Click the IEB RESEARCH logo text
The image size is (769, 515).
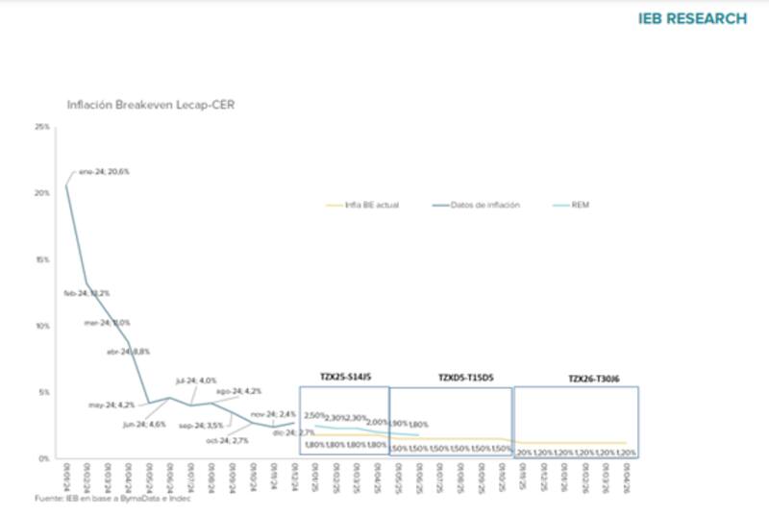[x=692, y=18]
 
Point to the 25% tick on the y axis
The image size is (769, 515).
[x=41, y=127]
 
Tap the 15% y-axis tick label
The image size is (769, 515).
[x=41, y=259]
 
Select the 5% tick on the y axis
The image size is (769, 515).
[x=43, y=392]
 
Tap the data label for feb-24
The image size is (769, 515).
[x=87, y=293]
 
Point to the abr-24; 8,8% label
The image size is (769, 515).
[x=127, y=352]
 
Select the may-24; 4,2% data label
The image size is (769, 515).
[x=112, y=405]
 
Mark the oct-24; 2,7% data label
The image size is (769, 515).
[x=228, y=440]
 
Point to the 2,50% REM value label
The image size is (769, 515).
[x=315, y=414]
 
